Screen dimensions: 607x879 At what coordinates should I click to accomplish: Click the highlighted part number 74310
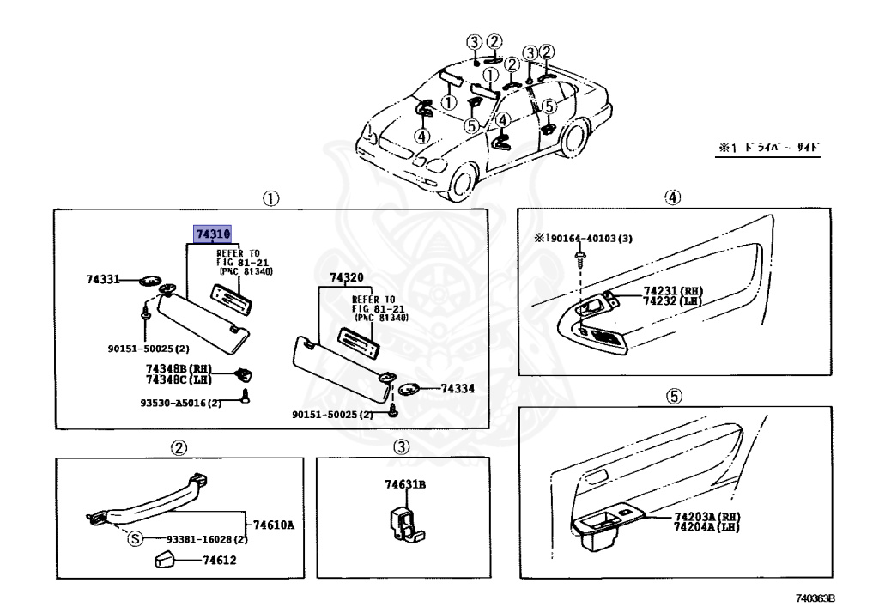212,234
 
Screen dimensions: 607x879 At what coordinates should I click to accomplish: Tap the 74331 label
102,279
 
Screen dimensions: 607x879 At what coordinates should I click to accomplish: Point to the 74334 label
458,389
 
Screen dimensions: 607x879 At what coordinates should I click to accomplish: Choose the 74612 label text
219,561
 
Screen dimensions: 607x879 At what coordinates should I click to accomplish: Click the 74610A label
273,524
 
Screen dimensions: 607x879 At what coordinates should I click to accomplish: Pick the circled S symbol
135,539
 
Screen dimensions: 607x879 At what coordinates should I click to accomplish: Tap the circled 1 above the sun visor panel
270,198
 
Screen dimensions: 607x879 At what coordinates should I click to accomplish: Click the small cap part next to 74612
166,561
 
